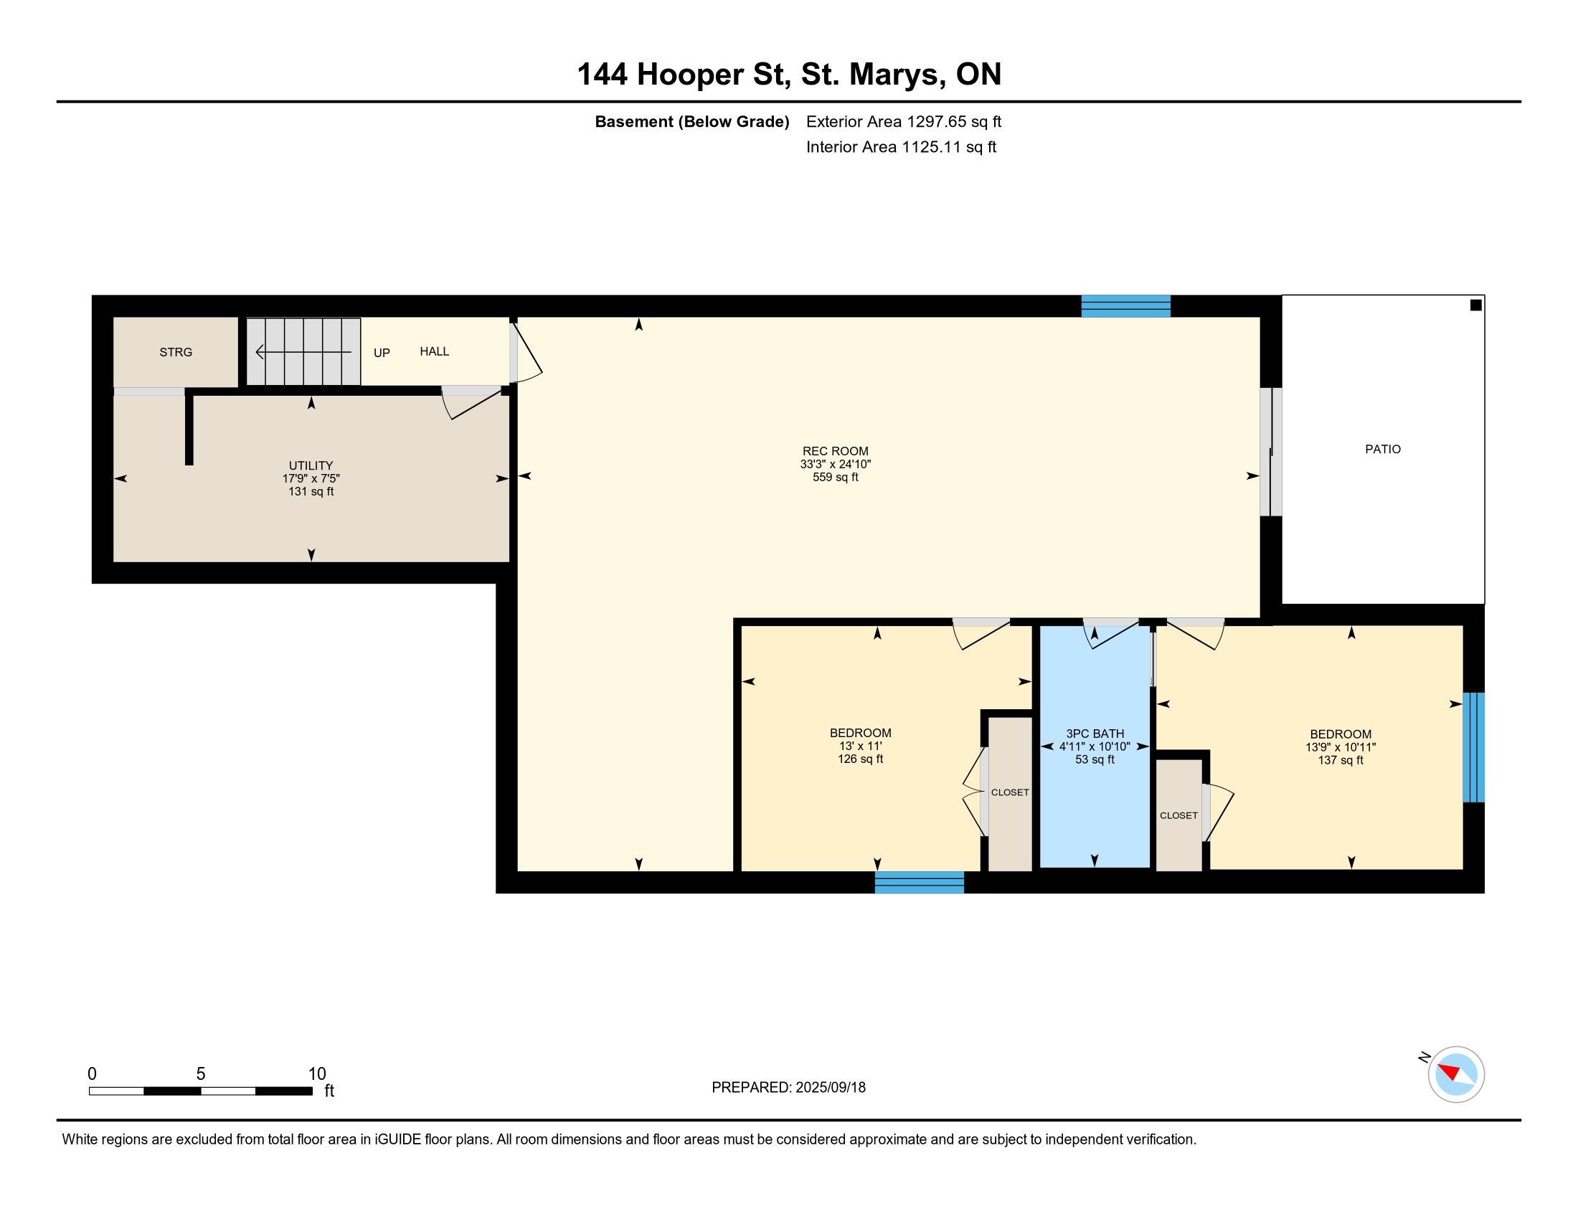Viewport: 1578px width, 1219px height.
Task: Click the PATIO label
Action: pyautogui.click(x=1382, y=449)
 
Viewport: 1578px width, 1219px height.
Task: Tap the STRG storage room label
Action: pyautogui.click(x=176, y=352)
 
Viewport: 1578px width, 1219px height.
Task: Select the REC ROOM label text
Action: pyautogui.click(x=835, y=451)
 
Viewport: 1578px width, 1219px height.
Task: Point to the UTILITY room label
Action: pyautogui.click(x=311, y=466)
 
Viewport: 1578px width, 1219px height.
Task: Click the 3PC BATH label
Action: pyautogui.click(x=1095, y=734)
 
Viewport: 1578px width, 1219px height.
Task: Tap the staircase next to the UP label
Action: pyautogui.click(x=303, y=351)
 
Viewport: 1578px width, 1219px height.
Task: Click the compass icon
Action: pyautogui.click(x=1455, y=1074)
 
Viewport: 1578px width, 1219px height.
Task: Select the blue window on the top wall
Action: pyautogui.click(x=1125, y=306)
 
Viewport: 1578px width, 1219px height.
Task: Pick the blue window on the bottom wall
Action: pyautogui.click(x=919, y=883)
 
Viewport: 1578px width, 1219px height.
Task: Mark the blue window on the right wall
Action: pyautogui.click(x=1474, y=747)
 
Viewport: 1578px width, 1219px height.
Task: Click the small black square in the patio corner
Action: pyautogui.click(x=1476, y=305)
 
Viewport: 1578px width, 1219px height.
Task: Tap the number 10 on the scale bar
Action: pyautogui.click(x=317, y=1074)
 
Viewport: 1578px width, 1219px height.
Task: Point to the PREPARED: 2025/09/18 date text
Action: pyautogui.click(x=788, y=1088)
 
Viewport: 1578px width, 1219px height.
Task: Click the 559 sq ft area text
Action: pyautogui.click(x=835, y=478)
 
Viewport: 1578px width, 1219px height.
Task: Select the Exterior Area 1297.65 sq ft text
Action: pyautogui.click(x=904, y=121)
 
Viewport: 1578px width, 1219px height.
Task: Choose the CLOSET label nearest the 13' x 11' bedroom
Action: pyautogui.click(x=1010, y=792)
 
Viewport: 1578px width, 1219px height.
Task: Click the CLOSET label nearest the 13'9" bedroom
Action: pyautogui.click(x=1179, y=815)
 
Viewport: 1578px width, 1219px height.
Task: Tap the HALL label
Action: pyautogui.click(x=434, y=351)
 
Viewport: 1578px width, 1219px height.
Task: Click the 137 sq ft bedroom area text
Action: pyautogui.click(x=1341, y=760)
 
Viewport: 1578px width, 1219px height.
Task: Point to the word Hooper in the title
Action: pyautogui.click(x=690, y=75)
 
